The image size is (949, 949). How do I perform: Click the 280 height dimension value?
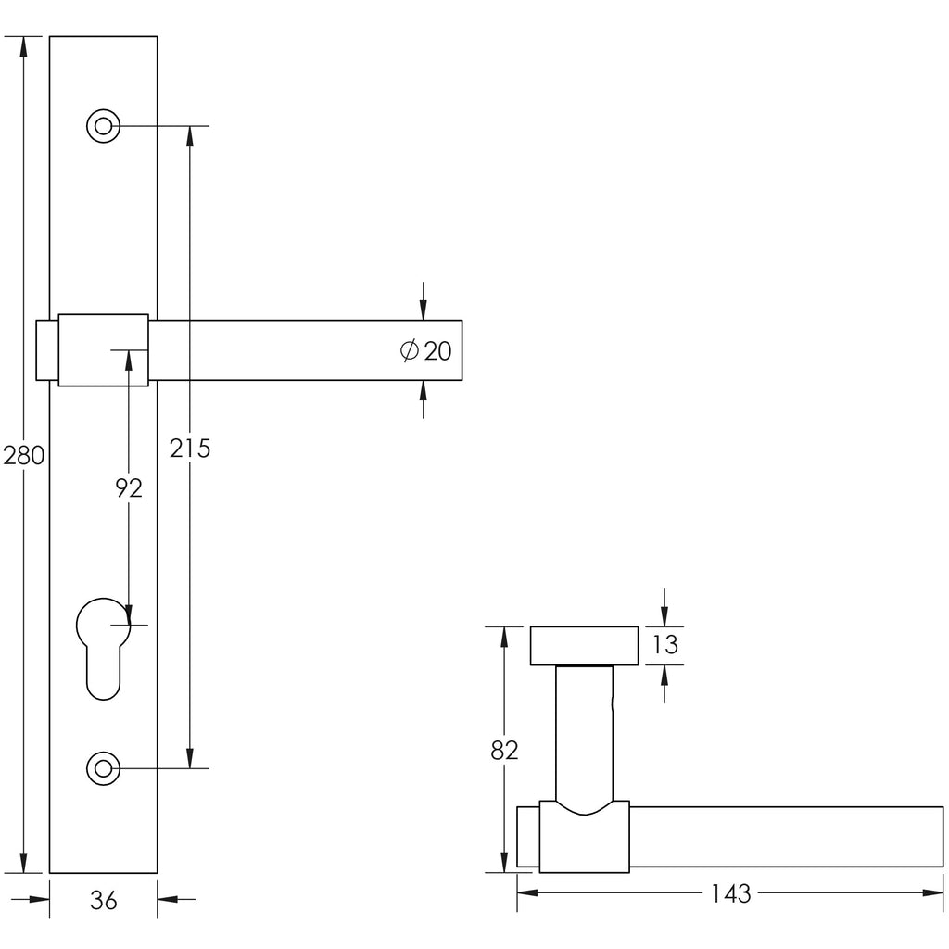click(x=23, y=455)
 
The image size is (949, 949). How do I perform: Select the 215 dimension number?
click(x=190, y=449)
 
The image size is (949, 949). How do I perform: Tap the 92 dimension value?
click(x=129, y=487)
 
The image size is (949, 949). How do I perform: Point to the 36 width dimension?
click(x=104, y=901)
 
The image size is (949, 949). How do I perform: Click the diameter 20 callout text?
click(x=426, y=351)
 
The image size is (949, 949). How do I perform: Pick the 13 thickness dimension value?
click(x=665, y=645)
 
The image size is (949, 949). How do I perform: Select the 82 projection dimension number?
click(x=504, y=751)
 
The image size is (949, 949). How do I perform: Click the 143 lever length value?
click(x=730, y=893)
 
